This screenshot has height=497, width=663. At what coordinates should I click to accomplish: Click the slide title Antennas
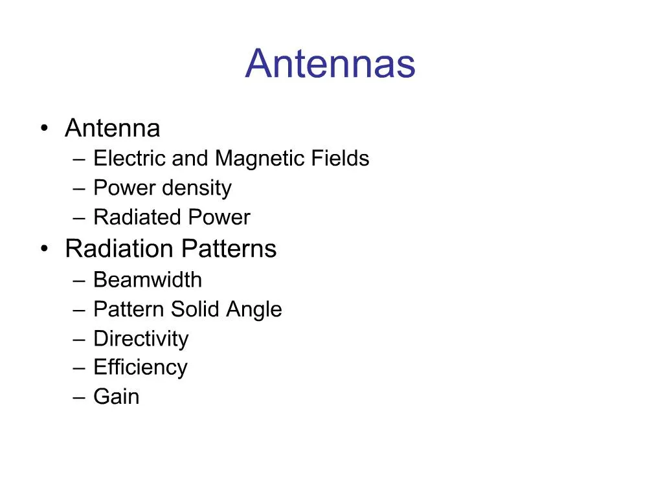(x=330, y=64)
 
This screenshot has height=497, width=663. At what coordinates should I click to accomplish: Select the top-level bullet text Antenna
(x=112, y=128)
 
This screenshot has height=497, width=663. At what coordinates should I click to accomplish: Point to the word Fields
(x=342, y=158)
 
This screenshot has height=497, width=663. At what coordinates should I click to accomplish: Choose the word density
(x=196, y=188)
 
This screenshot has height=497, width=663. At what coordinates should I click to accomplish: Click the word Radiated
(x=129, y=217)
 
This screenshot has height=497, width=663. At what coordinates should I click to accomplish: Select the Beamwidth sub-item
(x=148, y=280)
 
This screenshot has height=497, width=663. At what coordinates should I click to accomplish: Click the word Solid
(x=195, y=309)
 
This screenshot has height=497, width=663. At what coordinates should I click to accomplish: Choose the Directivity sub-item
(x=140, y=338)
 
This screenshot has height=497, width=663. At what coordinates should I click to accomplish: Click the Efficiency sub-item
(x=140, y=367)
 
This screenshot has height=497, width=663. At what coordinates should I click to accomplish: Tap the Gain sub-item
(x=116, y=396)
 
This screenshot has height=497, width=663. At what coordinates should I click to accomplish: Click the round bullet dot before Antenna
(x=44, y=128)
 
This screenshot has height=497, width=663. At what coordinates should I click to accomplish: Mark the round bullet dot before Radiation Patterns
(x=44, y=248)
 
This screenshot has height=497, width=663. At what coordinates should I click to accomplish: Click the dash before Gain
(x=79, y=397)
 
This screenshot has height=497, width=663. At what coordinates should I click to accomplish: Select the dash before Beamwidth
(x=79, y=280)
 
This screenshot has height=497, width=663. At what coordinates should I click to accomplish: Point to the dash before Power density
(x=79, y=188)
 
